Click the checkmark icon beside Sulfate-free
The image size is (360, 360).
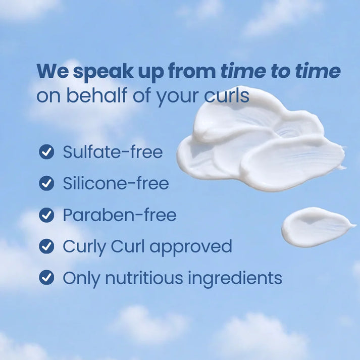46,152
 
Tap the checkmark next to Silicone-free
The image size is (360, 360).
46,183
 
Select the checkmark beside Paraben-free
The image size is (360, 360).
46,215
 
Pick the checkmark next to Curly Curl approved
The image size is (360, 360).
46,246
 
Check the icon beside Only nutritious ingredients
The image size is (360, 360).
46,277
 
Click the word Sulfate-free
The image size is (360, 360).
113,151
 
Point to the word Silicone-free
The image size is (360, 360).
116,183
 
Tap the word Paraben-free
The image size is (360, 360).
120,215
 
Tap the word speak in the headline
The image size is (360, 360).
104,72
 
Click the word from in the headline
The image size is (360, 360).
192,71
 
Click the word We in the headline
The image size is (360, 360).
53,71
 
